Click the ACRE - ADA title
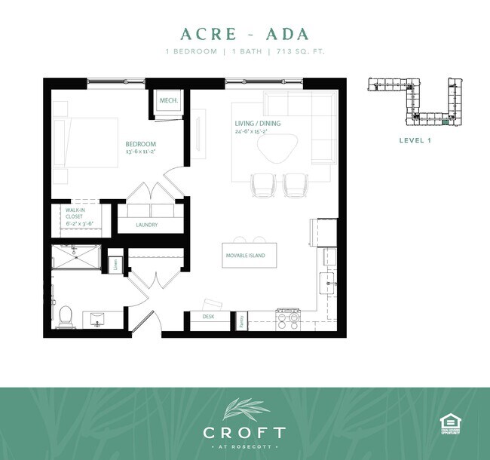coord(245,34)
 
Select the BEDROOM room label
coord(140,144)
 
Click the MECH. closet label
coord(167,100)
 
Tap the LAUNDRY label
coord(146,225)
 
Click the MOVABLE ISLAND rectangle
coord(248,256)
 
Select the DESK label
coord(208,317)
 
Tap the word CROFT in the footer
coord(245,433)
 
